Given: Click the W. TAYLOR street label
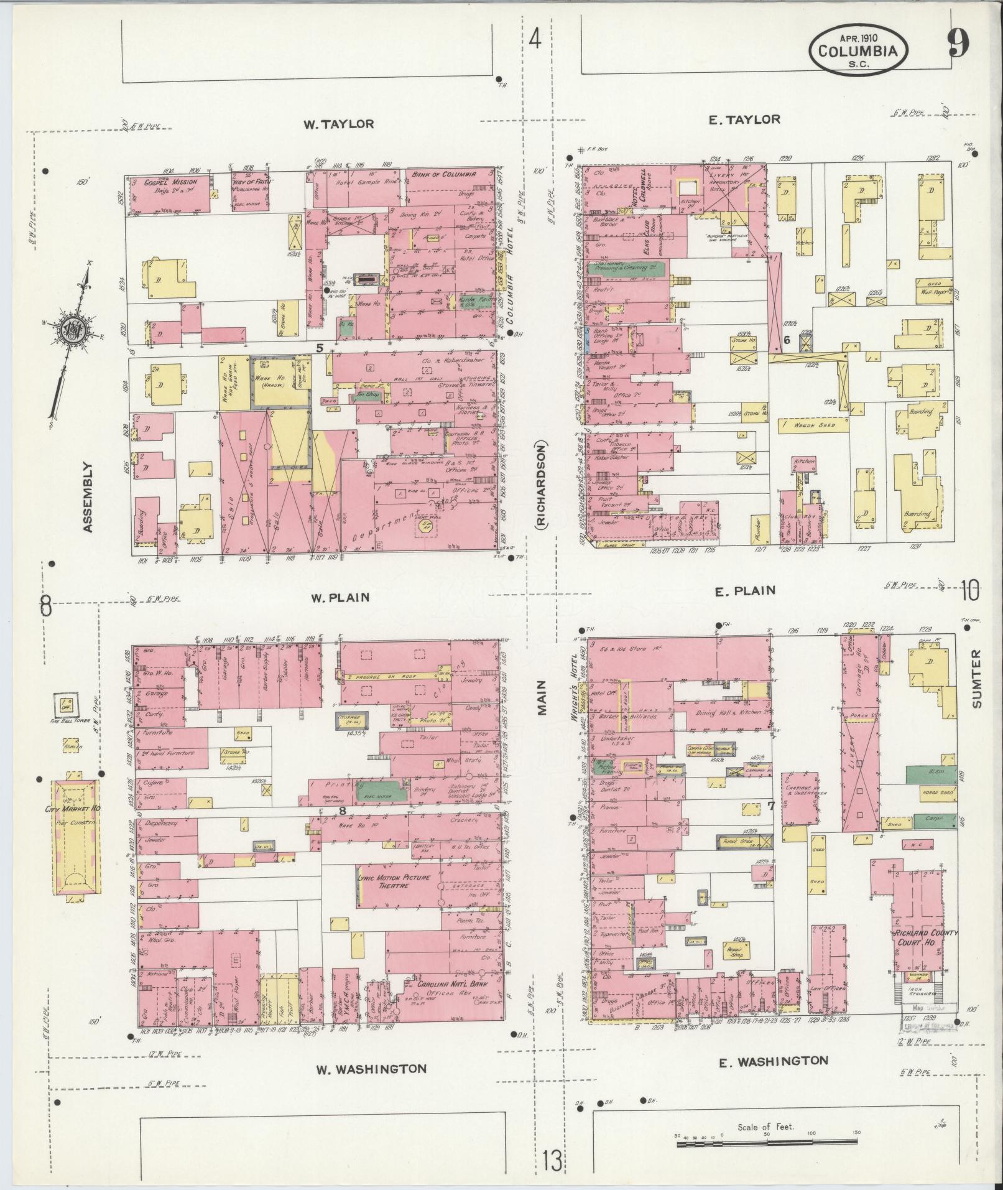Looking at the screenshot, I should [338, 124].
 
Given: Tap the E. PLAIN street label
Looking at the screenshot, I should [744, 590].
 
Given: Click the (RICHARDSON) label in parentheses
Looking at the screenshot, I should [541, 486].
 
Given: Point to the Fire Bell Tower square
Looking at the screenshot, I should [65, 705].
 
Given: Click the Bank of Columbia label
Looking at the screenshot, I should [444, 174].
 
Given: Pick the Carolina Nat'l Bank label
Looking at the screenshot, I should [451, 1002].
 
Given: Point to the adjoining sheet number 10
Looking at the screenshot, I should [970, 589].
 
